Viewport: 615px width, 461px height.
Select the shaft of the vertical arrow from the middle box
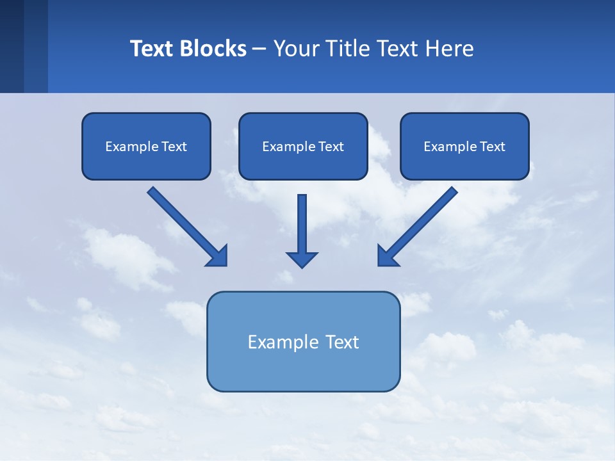pos(302,221)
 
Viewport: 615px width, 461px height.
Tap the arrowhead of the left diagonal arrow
pos(218,255)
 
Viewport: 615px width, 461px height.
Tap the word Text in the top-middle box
pos(331,147)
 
